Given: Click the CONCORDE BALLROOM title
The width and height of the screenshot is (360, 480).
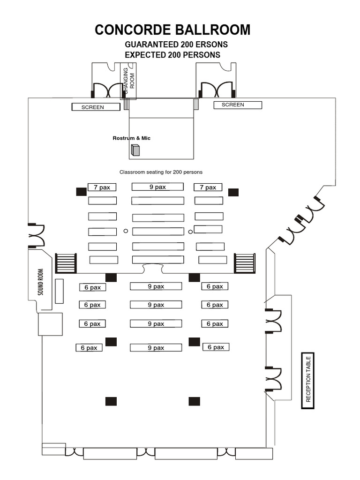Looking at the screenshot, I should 172,30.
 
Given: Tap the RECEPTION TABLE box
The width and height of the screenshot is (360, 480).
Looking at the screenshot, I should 307,381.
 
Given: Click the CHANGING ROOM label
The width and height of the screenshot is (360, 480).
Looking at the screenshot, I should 128,79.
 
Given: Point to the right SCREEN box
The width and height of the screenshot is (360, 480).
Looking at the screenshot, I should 238,105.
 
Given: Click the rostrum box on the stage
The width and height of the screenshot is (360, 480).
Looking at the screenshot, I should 135,150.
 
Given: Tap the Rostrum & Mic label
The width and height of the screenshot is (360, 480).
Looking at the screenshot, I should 132,138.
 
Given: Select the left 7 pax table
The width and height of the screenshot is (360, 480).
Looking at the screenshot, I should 102,187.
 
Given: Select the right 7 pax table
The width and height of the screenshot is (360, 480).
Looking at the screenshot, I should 208,187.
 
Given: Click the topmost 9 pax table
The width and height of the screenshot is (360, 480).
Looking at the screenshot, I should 157,187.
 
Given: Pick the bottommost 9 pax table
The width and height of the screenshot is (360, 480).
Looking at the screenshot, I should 156,348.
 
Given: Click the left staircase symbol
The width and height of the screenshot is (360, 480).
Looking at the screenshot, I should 66,263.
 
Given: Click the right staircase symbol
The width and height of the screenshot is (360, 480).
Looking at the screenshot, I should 245,263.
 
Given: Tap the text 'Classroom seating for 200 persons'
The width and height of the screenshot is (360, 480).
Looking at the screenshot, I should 161,172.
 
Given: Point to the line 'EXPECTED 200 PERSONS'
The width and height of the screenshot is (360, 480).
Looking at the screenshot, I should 173,55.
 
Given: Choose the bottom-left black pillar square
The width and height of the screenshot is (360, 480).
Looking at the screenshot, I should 111,401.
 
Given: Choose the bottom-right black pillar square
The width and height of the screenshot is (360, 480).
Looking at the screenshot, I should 194,401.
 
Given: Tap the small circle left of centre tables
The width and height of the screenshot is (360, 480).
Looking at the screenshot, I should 126,231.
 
